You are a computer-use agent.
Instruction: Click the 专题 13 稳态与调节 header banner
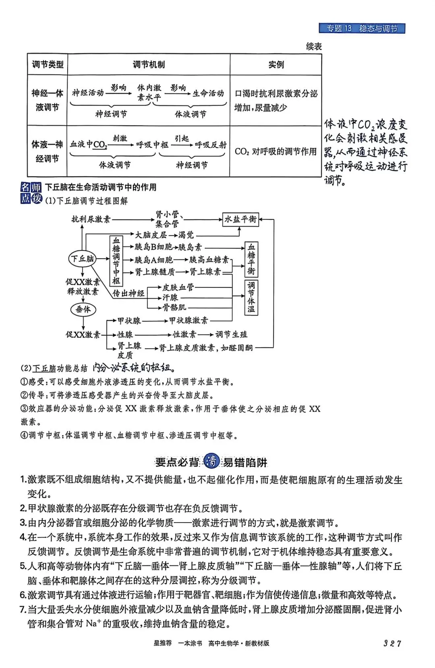pyautogui.click(x=362, y=28)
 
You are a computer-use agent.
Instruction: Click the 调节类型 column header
pyautogui.click(x=48, y=64)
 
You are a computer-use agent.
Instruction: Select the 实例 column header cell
pyautogui.click(x=276, y=64)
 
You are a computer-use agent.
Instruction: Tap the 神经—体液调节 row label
pyautogui.click(x=48, y=100)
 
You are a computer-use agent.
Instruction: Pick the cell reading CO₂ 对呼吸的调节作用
pyautogui.click(x=275, y=151)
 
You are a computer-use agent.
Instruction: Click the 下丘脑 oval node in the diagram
pyautogui.click(x=83, y=259)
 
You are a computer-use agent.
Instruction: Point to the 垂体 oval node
pyautogui.click(x=83, y=309)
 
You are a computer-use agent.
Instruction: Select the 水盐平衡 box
pyautogui.click(x=240, y=219)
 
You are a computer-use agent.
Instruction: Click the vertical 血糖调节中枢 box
pyautogui.click(x=116, y=260)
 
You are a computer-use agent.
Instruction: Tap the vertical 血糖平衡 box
pyautogui.click(x=251, y=259)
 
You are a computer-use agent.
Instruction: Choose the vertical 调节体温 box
pyautogui.click(x=251, y=297)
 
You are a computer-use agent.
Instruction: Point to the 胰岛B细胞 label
pyautogui.click(x=153, y=247)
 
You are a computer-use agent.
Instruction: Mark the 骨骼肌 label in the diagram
pyautogui.click(x=174, y=308)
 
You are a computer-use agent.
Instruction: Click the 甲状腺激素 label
pyautogui.click(x=188, y=321)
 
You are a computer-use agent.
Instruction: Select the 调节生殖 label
pyautogui.click(x=232, y=334)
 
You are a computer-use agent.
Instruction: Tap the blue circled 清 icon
pyautogui.click(x=211, y=461)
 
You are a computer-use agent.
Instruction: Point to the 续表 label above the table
pyautogui.click(x=314, y=47)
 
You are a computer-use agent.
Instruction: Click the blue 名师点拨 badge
pyautogui.click(x=31, y=193)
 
